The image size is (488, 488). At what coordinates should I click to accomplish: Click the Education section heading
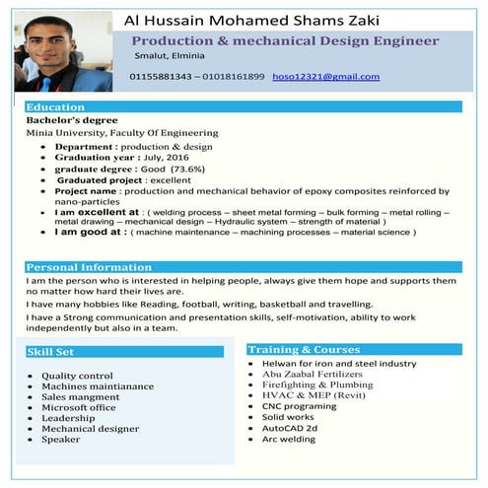[x=55, y=106]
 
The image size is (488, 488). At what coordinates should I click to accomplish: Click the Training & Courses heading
[x=305, y=350]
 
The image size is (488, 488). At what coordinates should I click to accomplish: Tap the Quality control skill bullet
[x=78, y=376]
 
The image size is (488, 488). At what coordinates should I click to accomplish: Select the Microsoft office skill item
[x=79, y=407]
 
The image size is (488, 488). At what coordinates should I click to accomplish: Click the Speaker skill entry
[x=61, y=440]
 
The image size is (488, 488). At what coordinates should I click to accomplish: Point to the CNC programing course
[x=299, y=406]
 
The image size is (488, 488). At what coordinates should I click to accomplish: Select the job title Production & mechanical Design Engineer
[x=285, y=41]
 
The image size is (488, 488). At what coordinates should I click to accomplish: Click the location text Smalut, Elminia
[x=170, y=58]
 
